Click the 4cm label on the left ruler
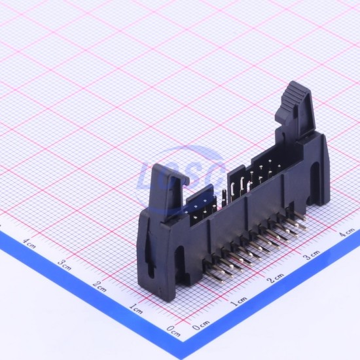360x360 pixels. [29, 243]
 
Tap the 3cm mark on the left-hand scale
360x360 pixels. [64, 265]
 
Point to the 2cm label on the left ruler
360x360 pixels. [99, 286]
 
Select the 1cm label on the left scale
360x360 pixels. [136, 308]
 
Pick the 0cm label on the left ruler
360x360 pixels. [173, 331]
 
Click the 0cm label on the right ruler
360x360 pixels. [201, 325]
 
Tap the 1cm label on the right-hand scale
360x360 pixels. [238, 301]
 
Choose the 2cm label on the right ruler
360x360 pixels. [276, 278]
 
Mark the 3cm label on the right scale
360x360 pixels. [312, 255]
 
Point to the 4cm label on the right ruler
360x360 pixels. [347, 232]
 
